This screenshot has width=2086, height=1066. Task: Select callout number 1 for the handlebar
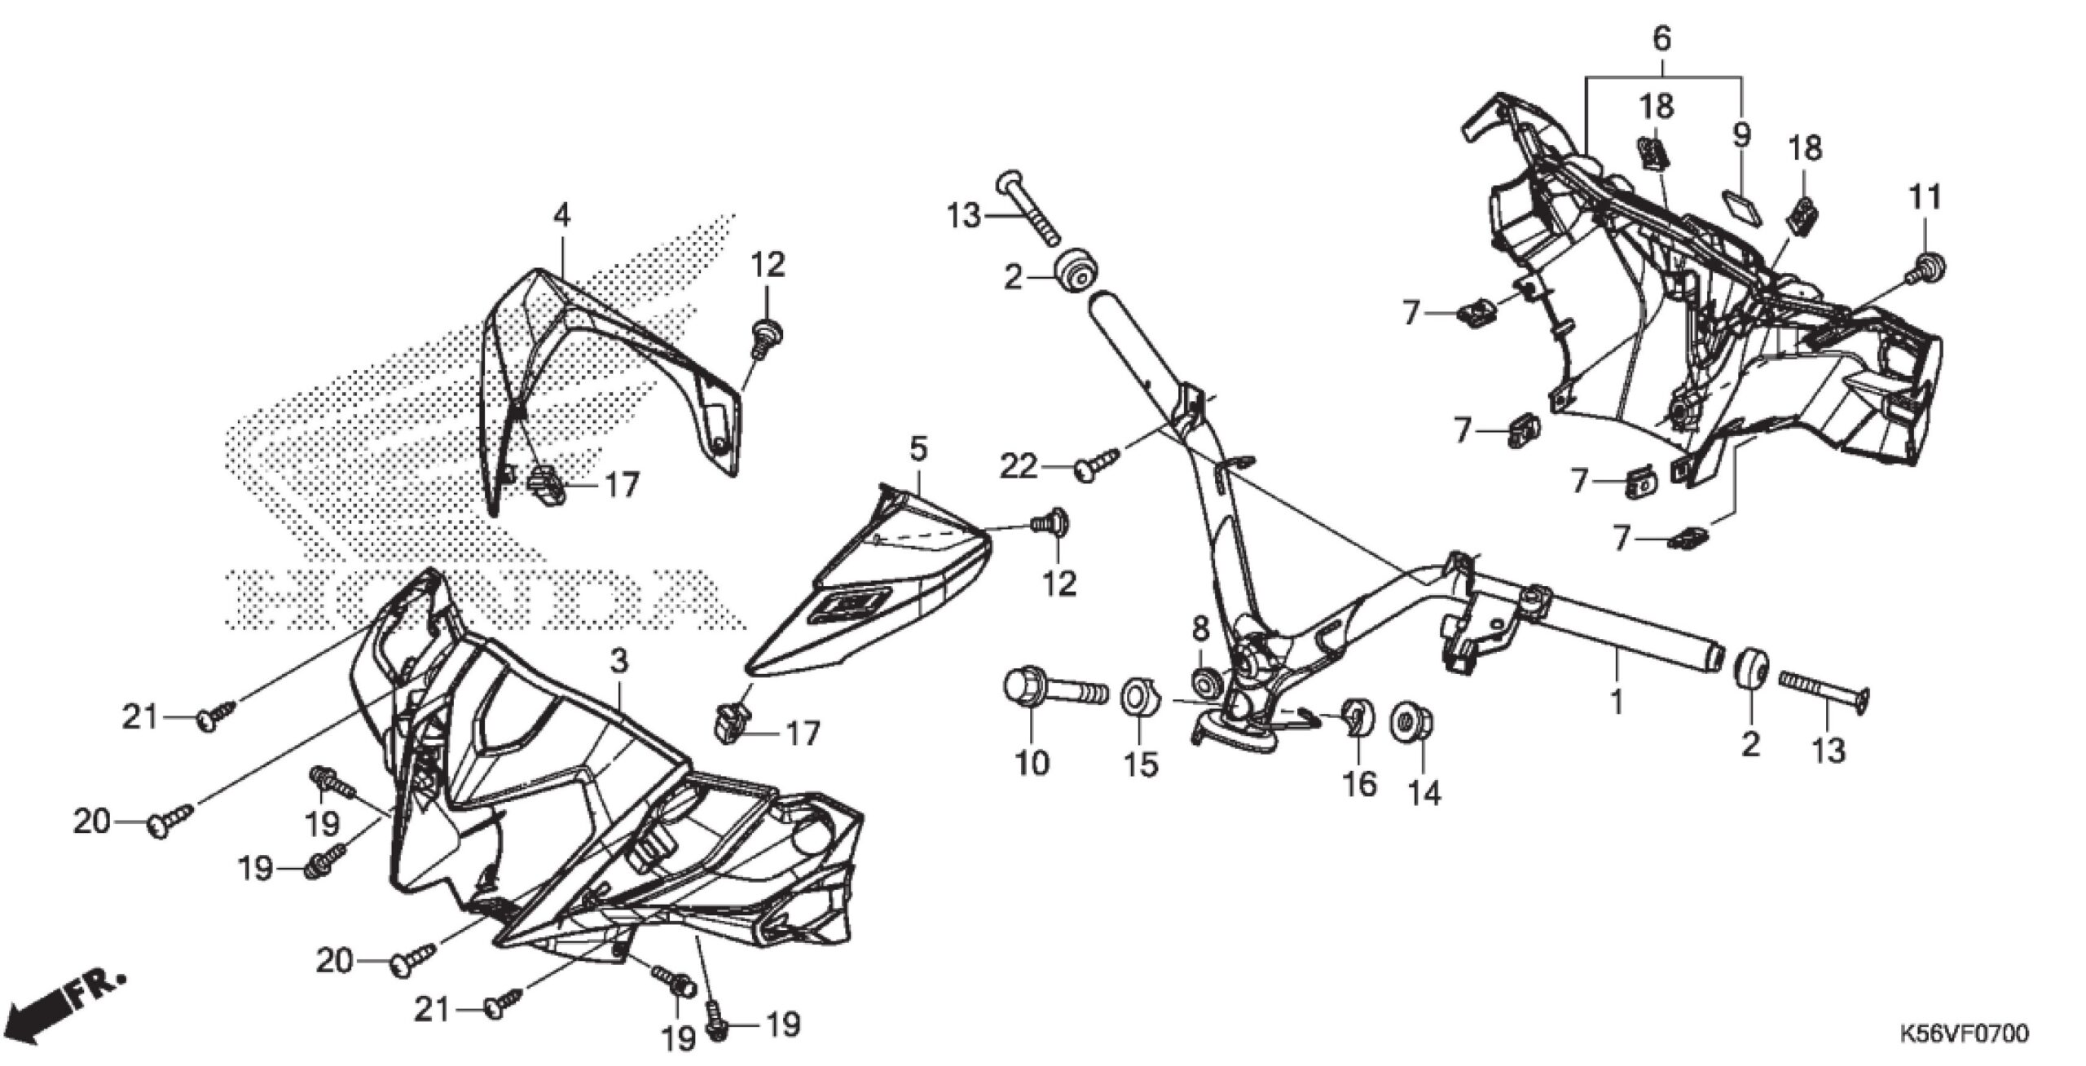(1617, 700)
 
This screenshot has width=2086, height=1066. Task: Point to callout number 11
(1925, 196)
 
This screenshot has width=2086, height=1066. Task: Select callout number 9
(1741, 135)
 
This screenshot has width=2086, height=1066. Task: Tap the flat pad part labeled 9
(1732, 203)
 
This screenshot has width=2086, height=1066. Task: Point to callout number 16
(1359, 784)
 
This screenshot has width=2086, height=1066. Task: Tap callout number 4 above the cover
(561, 215)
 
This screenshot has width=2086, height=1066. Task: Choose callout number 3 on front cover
(619, 660)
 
